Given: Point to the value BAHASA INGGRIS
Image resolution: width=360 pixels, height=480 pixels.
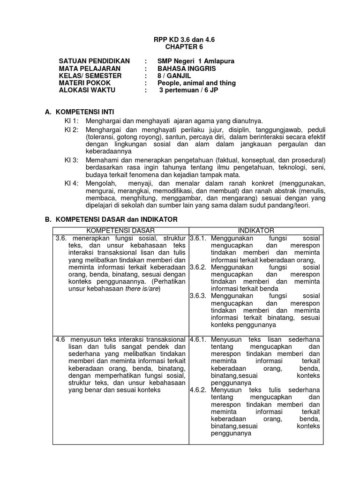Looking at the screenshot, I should tap(187, 68).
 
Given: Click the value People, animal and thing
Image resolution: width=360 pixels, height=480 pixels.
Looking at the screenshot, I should tap(196, 83).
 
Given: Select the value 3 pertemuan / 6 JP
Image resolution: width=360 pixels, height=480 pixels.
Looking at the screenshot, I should tap(188, 90).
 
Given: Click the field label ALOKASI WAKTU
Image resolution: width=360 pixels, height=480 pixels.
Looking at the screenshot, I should tap(86, 90).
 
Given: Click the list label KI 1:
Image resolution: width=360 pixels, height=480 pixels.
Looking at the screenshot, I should tap(72, 121).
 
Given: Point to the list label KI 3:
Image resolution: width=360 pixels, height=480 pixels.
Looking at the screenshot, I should tap(72, 160).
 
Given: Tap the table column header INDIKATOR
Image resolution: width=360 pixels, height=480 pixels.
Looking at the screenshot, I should tap(256, 230).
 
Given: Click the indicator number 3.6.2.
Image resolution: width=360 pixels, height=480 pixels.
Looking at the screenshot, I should tap(198, 267).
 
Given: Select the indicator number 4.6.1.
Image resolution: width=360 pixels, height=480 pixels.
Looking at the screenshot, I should tap(198, 338).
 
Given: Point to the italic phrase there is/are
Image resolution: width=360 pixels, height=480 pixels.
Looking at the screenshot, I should tap(143, 289).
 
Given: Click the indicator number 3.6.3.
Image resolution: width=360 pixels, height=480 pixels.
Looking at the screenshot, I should tap(198, 296).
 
